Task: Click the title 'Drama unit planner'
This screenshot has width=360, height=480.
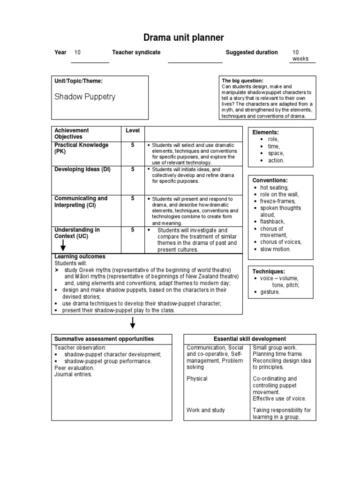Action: [x=180, y=37]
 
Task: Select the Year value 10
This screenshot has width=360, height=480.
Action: [x=77, y=52]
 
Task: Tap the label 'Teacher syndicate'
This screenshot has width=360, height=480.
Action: [x=136, y=52]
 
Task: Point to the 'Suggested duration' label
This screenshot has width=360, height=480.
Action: [x=252, y=52]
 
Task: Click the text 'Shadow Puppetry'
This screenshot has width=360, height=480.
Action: [x=85, y=97]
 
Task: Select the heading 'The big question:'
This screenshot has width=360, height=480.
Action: [x=242, y=81]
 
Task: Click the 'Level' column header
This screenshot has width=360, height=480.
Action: [x=133, y=130]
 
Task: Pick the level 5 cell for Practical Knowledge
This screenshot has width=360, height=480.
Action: [x=133, y=145]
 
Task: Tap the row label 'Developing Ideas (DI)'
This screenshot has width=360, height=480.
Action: [x=82, y=169]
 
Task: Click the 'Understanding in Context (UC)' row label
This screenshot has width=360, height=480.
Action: [x=77, y=233]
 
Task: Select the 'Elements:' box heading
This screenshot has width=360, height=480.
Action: [x=265, y=133]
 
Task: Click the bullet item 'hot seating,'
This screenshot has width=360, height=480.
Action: [x=274, y=187]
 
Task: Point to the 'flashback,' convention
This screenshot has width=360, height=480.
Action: [x=272, y=222]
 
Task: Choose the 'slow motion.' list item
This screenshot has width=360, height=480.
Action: [x=275, y=249]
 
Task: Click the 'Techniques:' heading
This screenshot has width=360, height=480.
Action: [x=269, y=271]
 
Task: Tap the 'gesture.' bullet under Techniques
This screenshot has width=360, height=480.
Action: [x=270, y=292]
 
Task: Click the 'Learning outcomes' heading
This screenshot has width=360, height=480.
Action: [x=80, y=257]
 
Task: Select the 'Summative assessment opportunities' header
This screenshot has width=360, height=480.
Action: [x=104, y=339]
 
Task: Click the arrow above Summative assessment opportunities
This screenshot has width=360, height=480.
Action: [x=133, y=323]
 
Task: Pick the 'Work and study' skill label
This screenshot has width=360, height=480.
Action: [x=206, y=410]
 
